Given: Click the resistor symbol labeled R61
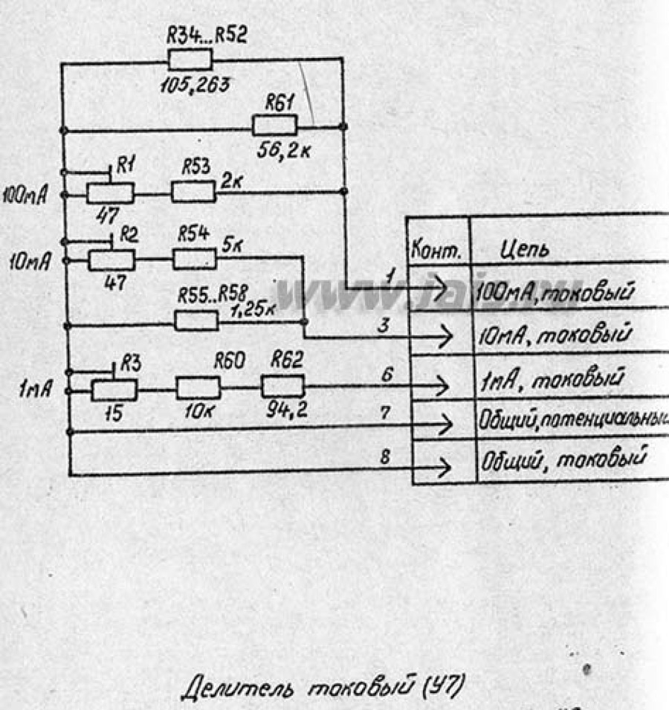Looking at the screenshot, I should point(275,126).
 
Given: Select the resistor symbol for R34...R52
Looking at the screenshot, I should point(190,60).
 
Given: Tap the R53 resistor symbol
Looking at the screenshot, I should point(194,193).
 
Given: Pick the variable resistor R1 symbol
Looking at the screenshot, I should point(110,193).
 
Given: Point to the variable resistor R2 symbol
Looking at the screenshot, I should point(111,259).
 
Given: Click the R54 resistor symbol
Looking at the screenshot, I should point(195,259).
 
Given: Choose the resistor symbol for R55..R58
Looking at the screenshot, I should point(196,320).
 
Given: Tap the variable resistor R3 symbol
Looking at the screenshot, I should point(114,389).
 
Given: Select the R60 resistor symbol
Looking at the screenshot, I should point(198,387).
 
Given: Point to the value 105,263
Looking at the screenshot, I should point(194,83).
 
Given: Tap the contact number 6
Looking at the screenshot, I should point(387,376).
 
